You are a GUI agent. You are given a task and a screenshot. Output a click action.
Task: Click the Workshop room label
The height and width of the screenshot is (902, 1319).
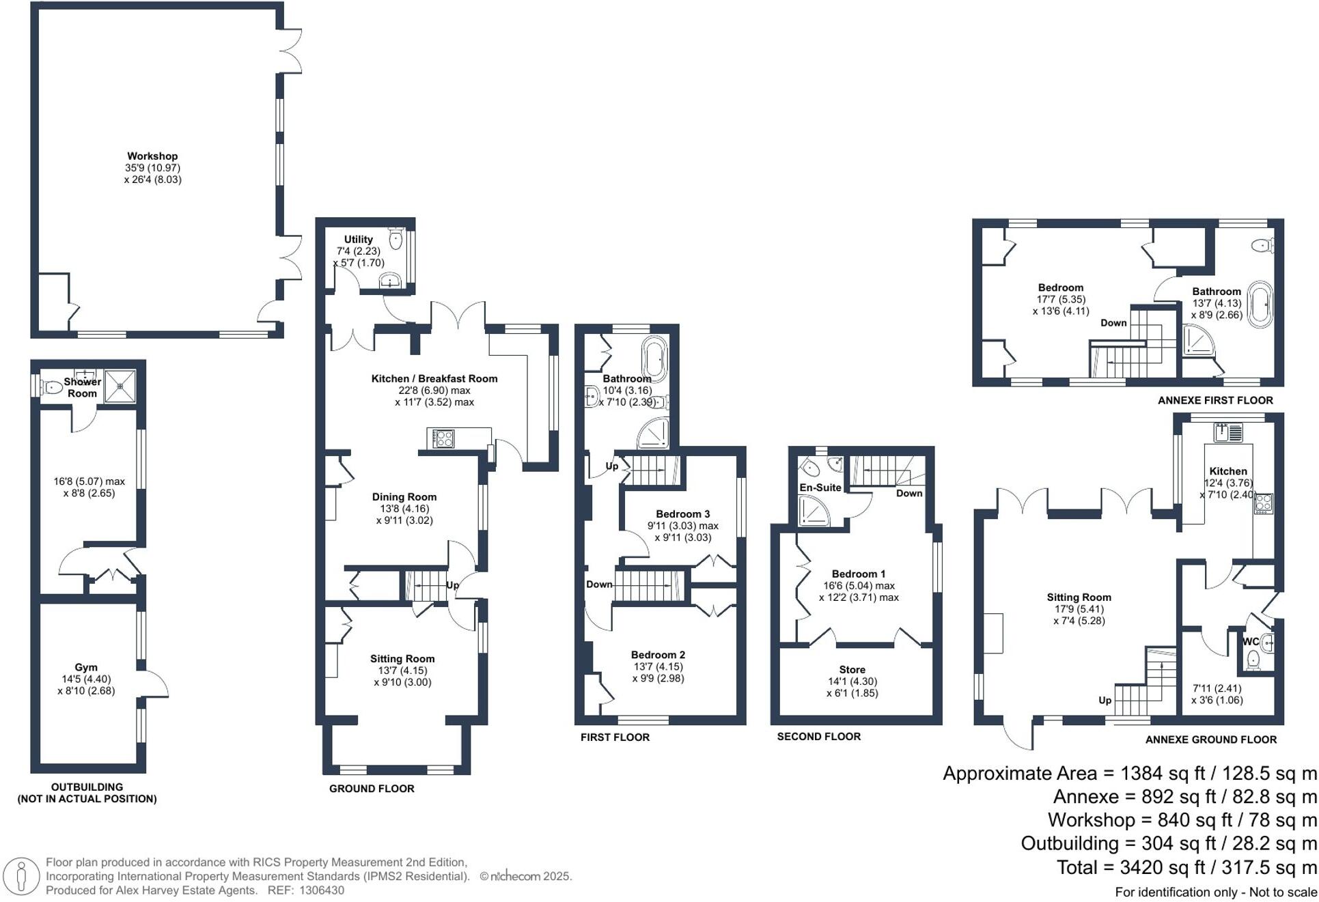tap(152, 156)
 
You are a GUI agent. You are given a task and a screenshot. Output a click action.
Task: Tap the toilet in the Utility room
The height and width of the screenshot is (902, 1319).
tap(395, 238)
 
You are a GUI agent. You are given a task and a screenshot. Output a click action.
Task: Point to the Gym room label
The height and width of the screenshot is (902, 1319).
tap(86, 667)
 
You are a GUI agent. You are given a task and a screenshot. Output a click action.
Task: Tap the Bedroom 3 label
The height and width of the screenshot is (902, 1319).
tap(682, 513)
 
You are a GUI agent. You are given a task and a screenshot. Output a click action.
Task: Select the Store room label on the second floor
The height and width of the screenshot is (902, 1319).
tap(852, 670)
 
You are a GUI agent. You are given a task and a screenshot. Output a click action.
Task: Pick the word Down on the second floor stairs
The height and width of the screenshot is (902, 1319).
tap(909, 493)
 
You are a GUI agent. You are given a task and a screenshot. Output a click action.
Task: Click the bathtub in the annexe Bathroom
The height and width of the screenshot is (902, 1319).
tap(1260, 304)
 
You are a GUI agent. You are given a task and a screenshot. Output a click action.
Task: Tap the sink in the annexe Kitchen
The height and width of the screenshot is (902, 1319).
tap(1228, 432)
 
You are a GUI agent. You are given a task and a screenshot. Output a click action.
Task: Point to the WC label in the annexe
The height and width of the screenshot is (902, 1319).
tap(1249, 642)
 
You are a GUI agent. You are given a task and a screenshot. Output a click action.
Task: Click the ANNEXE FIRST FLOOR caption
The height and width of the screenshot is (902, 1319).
tap(1215, 400)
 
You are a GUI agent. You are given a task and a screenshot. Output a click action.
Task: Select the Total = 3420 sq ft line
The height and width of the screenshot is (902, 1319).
tap(1186, 867)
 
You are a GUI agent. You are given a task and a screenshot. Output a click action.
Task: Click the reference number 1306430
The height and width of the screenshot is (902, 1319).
tap(321, 890)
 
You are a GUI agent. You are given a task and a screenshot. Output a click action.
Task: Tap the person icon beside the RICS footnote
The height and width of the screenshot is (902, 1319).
tap(22, 875)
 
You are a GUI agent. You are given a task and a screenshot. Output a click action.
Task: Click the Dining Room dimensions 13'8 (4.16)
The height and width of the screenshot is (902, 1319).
tap(404, 509)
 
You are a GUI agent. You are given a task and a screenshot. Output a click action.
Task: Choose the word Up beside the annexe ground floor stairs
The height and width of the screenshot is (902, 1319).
tap(1105, 701)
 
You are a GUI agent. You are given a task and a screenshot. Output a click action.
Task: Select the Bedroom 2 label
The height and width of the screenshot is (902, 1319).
tap(658, 655)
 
